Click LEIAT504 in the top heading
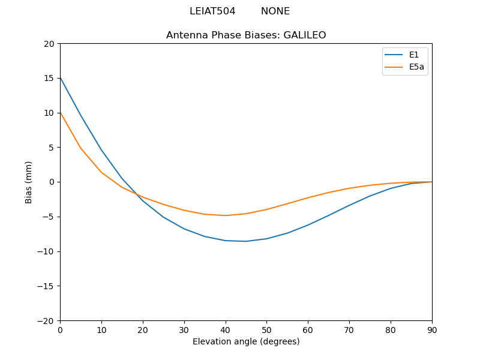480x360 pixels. click(x=212, y=11)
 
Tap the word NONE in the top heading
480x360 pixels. click(x=275, y=11)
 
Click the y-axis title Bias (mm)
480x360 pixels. click(x=29, y=182)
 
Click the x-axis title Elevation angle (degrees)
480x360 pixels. click(x=246, y=342)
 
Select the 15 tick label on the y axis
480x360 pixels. click(x=49, y=78)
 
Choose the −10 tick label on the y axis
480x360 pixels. click(x=46, y=251)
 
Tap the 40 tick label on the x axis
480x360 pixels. click(x=226, y=330)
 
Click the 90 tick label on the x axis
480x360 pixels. click(x=432, y=330)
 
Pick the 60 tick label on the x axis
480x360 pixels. click(x=308, y=330)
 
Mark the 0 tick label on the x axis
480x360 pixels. click(x=60, y=330)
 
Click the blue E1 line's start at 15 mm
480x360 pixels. click(x=61, y=78)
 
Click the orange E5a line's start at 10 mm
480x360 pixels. click(x=61, y=113)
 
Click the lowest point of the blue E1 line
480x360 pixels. click(x=246, y=241)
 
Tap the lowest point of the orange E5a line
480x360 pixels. click(x=226, y=215)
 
